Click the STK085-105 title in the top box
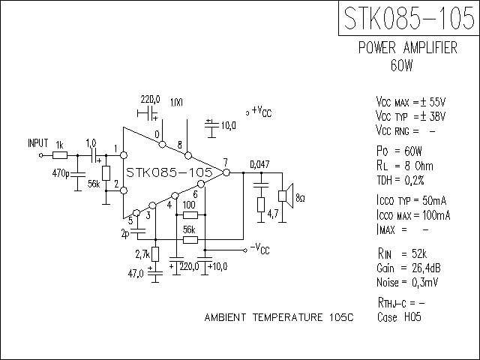408,18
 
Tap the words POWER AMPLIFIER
407,48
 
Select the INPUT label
37,142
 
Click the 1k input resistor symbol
61,155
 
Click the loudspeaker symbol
285,196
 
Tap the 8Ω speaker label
300,198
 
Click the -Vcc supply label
260,248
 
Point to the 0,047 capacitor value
259,164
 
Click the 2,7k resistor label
142,255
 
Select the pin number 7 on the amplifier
225,162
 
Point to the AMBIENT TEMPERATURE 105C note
278,318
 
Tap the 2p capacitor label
124,232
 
